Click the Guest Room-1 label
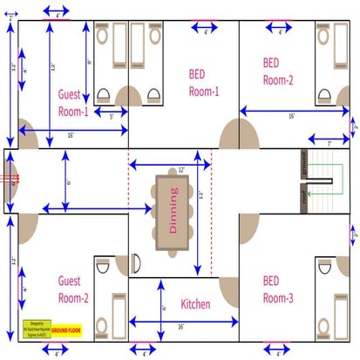(x=73, y=102)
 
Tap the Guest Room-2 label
(x=73, y=289)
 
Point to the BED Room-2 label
(x=278, y=71)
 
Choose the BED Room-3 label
(x=278, y=289)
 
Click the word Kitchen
(x=195, y=304)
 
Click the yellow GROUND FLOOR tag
(x=66, y=331)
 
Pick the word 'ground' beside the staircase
(x=304, y=164)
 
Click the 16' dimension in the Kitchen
(x=180, y=327)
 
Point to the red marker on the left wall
(x=12, y=180)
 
